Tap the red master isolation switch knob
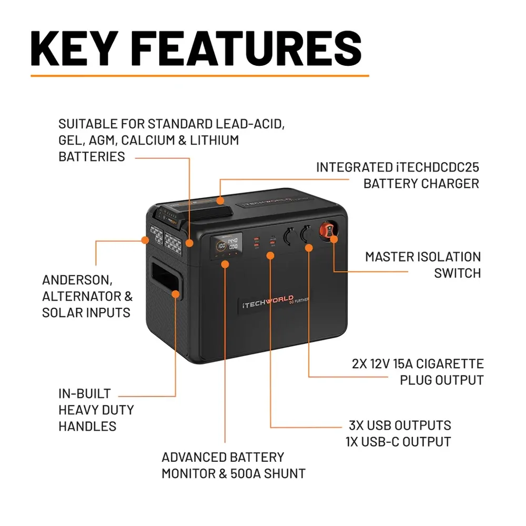327,231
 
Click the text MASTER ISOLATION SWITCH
423,265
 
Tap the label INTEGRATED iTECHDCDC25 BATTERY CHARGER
398,175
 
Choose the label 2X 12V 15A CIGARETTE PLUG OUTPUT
418,371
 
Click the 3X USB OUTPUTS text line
400,425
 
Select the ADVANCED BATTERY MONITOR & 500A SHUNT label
233,465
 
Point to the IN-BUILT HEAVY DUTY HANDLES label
96,410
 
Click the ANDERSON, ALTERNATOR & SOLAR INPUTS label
86,296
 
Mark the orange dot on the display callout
225,264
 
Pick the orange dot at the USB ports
270,256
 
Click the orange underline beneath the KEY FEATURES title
200,76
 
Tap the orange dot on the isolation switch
333,240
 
